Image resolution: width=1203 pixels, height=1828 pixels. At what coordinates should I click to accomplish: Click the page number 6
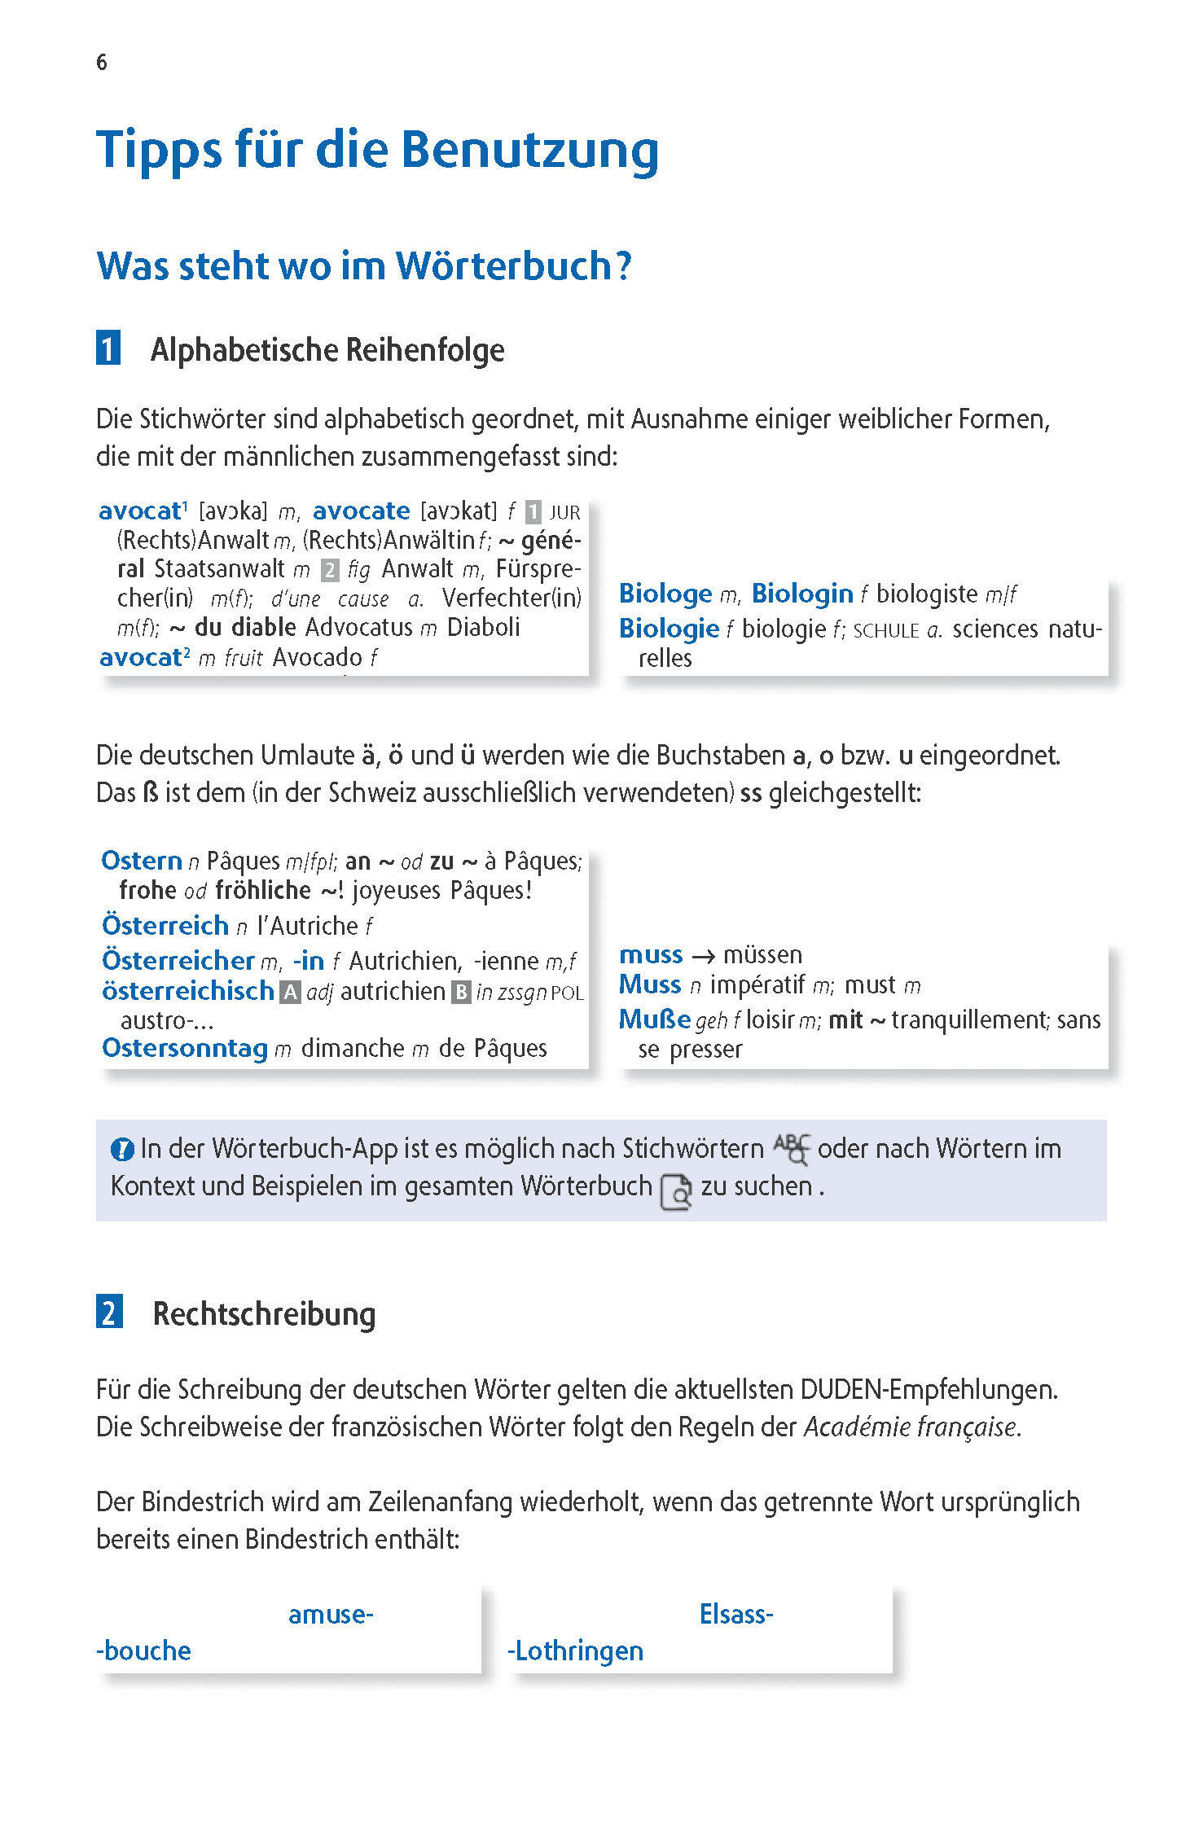(102, 63)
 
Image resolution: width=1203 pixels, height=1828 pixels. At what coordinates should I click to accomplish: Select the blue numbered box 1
(108, 349)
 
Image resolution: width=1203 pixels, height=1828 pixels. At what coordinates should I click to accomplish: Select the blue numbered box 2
(109, 1313)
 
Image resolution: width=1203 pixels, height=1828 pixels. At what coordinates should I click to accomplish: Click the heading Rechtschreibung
(264, 1313)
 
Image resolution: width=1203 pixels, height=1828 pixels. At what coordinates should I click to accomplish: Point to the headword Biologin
(801, 594)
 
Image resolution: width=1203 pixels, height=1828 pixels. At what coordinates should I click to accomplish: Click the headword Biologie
(668, 629)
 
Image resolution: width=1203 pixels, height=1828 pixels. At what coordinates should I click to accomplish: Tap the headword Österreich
(165, 926)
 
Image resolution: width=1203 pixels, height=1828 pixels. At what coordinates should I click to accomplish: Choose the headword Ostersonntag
(185, 1048)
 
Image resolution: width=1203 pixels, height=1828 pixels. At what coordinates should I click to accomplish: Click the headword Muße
(654, 1019)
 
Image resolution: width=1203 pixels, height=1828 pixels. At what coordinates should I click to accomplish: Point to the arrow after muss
(703, 955)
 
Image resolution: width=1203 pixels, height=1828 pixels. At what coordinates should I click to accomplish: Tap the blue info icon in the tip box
(122, 1150)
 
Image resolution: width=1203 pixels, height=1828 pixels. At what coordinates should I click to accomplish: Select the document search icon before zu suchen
(676, 1191)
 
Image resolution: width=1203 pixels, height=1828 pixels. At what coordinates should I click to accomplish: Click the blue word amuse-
(331, 1614)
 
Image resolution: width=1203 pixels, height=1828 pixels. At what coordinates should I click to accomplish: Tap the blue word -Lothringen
(575, 1651)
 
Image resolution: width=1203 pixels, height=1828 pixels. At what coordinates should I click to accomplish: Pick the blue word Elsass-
(736, 1614)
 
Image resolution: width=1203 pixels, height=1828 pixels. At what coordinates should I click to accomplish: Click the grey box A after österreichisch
(290, 993)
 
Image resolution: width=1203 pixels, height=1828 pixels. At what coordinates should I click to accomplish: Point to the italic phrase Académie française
(911, 1427)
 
